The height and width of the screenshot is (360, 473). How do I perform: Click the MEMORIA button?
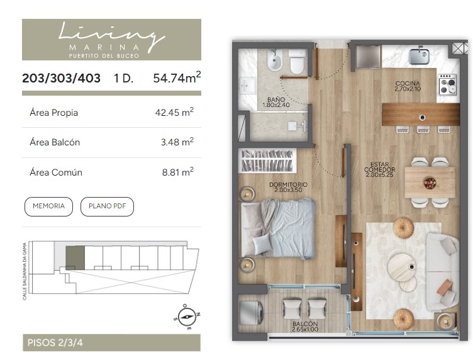click(x=48, y=206)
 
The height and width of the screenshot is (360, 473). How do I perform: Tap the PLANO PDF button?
click(x=107, y=206)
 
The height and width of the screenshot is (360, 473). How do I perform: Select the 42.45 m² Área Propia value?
click(x=174, y=112)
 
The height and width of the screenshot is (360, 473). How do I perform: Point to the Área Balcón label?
click(x=55, y=142)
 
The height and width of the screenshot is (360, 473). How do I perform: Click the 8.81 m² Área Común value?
click(x=177, y=172)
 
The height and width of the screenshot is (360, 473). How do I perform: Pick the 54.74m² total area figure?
click(x=177, y=77)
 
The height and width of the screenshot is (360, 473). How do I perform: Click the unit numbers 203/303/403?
click(x=61, y=78)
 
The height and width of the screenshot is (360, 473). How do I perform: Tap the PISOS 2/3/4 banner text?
click(x=55, y=343)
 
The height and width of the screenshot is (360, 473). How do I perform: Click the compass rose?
click(x=187, y=317)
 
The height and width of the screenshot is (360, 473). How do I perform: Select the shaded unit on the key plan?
click(x=75, y=257)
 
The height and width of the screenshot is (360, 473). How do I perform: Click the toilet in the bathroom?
click(x=297, y=62)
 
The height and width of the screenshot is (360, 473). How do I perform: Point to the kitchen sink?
click(x=420, y=55)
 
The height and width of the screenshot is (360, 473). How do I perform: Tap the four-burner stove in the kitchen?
click(x=448, y=84)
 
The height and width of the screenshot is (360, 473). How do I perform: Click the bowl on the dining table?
click(x=430, y=183)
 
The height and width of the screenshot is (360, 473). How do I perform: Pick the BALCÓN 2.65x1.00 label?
click(x=305, y=327)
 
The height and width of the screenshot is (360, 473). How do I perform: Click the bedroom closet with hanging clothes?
click(x=266, y=160)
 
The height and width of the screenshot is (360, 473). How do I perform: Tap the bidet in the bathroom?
click(x=274, y=60)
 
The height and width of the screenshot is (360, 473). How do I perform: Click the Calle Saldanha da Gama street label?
click(x=25, y=271)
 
